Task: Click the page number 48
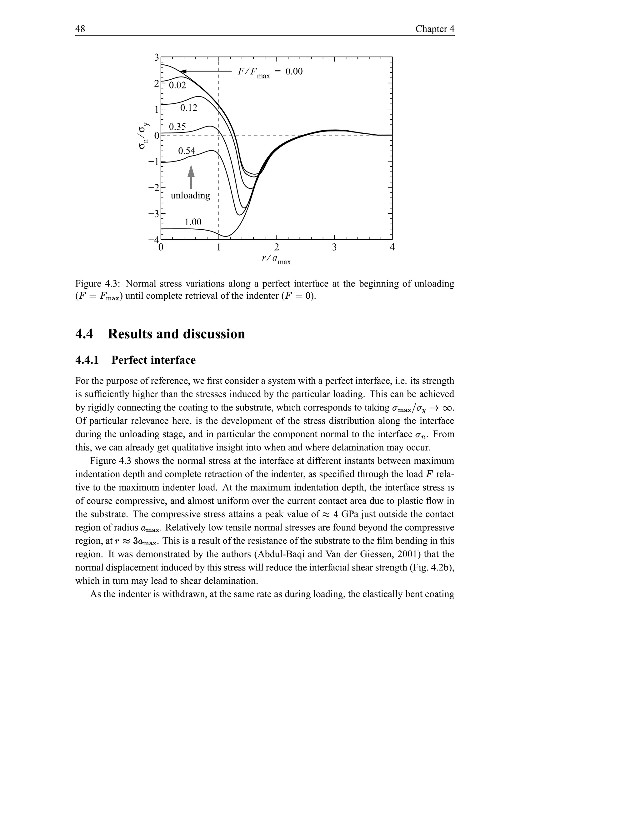(80, 29)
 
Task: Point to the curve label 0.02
(177, 86)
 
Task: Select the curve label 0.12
(188, 108)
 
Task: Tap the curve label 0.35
(177, 127)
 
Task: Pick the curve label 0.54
(187, 151)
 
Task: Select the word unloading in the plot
(190, 196)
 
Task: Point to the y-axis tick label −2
(154, 188)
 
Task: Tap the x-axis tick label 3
(334, 247)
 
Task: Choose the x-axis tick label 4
(392, 247)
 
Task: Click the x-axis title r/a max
(276, 259)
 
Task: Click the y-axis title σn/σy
(143, 135)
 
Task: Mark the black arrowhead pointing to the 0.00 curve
(183, 71)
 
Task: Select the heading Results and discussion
(176, 334)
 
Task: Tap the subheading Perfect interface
(153, 360)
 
